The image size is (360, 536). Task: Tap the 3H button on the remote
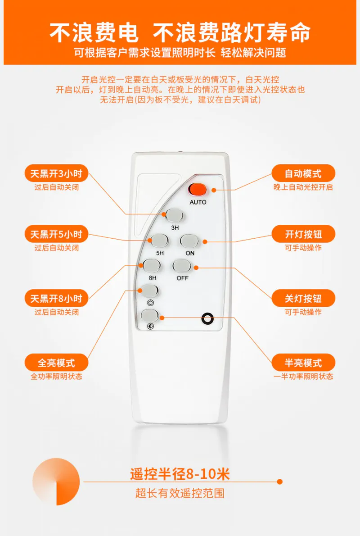[x=175, y=216]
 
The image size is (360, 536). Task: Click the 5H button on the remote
[x=159, y=241]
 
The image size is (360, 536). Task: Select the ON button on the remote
[x=189, y=241]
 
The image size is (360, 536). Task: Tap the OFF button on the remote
[x=182, y=266]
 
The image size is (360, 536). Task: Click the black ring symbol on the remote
[x=207, y=318]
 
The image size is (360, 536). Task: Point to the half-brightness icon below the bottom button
[x=150, y=327]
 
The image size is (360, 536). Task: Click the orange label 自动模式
[x=303, y=174]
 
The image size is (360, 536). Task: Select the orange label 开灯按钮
[x=303, y=234]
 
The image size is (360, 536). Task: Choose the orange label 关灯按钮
[x=303, y=299]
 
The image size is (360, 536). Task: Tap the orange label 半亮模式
[x=303, y=363]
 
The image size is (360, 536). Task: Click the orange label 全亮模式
[x=56, y=363]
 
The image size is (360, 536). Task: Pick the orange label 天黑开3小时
[x=56, y=174]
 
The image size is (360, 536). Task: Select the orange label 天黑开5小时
[x=56, y=234]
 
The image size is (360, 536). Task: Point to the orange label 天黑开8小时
[x=56, y=299]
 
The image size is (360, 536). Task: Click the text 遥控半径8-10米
[x=180, y=474]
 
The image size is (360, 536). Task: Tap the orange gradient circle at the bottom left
[x=56, y=481]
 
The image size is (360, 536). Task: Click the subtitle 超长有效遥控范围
[x=180, y=493]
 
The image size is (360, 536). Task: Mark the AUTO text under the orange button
[x=198, y=202]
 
